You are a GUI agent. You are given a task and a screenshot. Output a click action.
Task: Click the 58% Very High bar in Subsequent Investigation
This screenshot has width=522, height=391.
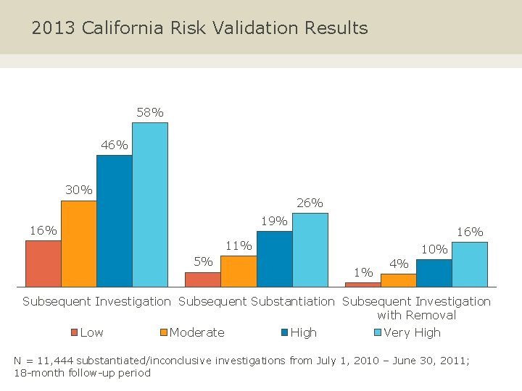(x=150, y=205)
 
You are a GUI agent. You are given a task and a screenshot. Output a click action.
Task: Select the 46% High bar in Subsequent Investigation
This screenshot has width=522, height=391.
(x=115, y=222)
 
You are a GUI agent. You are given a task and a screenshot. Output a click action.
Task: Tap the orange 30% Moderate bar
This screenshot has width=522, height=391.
(x=79, y=244)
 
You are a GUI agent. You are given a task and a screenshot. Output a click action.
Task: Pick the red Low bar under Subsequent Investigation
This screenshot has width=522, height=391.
(x=43, y=264)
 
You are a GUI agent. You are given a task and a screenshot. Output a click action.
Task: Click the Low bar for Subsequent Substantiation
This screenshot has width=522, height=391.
(x=203, y=279)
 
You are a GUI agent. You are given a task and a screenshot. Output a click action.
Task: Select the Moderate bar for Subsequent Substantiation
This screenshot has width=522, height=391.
(x=239, y=272)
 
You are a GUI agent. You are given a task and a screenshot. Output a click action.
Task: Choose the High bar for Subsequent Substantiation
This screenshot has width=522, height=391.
(x=274, y=259)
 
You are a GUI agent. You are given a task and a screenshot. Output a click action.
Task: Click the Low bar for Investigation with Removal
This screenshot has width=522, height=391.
(x=362, y=285)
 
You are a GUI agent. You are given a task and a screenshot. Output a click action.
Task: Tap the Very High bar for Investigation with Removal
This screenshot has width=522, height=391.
(x=469, y=264)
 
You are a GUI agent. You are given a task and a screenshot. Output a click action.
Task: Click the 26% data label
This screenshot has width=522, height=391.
(x=310, y=203)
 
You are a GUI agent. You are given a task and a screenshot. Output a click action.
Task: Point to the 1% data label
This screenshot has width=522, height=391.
(x=362, y=272)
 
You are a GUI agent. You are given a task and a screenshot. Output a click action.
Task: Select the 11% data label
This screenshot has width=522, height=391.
(x=239, y=246)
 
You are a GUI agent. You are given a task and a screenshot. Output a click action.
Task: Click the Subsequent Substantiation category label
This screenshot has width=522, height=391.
(x=256, y=301)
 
